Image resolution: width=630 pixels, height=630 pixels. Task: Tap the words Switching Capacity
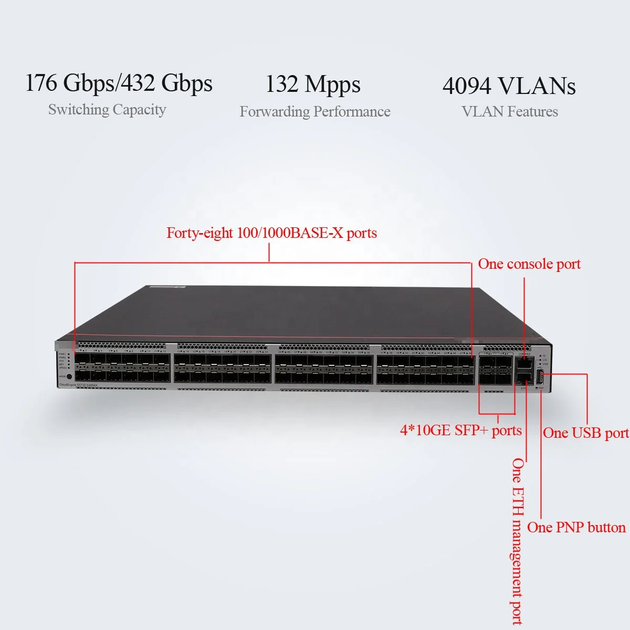[107, 110]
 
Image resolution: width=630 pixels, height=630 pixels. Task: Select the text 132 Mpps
[312, 84]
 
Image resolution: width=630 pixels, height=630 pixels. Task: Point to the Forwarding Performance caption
[315, 112]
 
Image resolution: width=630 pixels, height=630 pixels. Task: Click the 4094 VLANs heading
[509, 86]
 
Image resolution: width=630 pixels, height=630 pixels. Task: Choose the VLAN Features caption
[509, 112]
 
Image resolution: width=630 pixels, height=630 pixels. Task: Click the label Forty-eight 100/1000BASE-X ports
[271, 233]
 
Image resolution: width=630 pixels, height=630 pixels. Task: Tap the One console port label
[529, 264]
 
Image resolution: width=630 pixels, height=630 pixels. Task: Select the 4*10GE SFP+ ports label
[460, 430]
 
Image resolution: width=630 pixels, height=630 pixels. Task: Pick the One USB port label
[585, 433]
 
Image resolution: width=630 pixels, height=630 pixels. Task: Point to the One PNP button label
[576, 528]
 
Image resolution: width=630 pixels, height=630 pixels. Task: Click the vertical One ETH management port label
[518, 541]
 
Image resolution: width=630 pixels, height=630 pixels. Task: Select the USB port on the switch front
[540, 375]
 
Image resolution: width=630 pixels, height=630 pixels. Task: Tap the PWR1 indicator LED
[69, 354]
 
